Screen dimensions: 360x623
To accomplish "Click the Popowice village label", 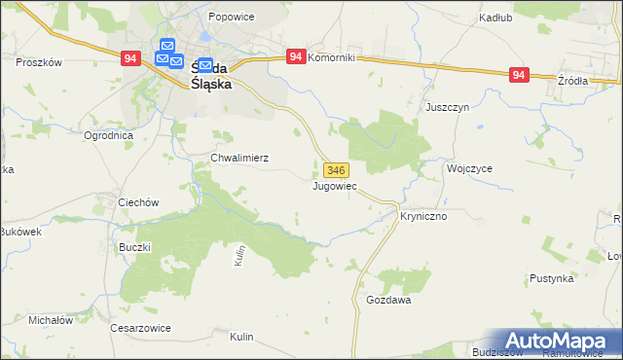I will (230, 18).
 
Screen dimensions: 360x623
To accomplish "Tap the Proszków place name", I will (39, 61).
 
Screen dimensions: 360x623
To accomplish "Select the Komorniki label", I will (332, 58).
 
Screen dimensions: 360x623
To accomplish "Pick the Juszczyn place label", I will (448, 109).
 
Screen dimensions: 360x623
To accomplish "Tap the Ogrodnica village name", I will (107, 136).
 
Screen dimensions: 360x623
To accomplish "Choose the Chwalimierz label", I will (239, 158).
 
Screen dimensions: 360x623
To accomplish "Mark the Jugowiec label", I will (335, 185).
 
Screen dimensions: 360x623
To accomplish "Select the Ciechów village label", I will (137, 202).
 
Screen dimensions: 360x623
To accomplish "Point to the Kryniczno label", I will (423, 216).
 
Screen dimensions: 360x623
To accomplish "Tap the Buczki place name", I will (135, 247).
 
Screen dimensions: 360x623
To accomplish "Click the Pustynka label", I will (551, 278).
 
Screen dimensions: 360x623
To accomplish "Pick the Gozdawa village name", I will (388, 301).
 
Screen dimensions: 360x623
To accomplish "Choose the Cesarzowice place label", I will (140, 328).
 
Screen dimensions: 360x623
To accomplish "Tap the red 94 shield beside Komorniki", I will (296, 57).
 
